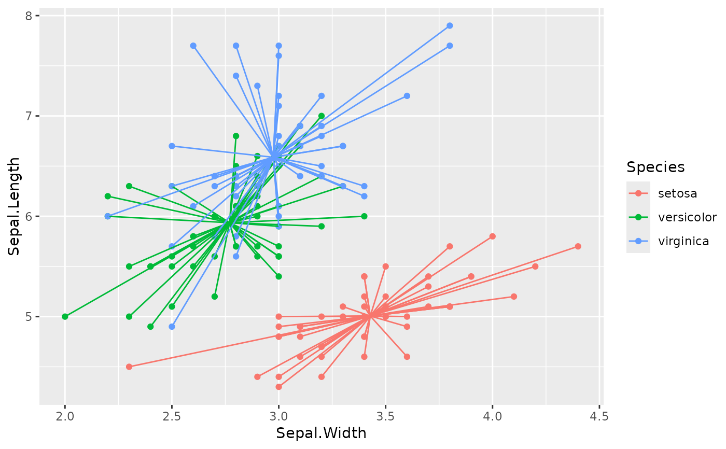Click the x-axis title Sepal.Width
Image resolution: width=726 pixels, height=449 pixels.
[321, 433]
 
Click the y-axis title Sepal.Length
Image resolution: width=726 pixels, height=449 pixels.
[15, 206]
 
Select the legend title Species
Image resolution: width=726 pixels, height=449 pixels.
[655, 167]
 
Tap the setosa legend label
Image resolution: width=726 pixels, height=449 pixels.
[677, 194]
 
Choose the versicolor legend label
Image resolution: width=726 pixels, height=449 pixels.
[687, 217]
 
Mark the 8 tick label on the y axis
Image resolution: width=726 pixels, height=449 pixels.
[29, 16]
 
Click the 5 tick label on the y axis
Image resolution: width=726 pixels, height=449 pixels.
[29, 317]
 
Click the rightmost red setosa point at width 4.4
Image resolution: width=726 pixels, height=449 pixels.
[578, 246]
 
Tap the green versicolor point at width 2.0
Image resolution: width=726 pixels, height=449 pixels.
[65, 316]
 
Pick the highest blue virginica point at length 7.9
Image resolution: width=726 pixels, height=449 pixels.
[450, 25]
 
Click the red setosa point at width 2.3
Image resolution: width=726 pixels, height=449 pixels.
[129, 367]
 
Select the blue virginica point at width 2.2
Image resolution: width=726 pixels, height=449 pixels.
[107, 216]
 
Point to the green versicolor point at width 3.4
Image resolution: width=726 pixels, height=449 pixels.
[364, 216]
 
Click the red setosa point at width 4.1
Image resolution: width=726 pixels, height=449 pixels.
[514, 297]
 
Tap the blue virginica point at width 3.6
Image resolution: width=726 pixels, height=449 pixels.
[407, 96]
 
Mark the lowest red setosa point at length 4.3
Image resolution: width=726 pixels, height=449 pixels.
[278, 387]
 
